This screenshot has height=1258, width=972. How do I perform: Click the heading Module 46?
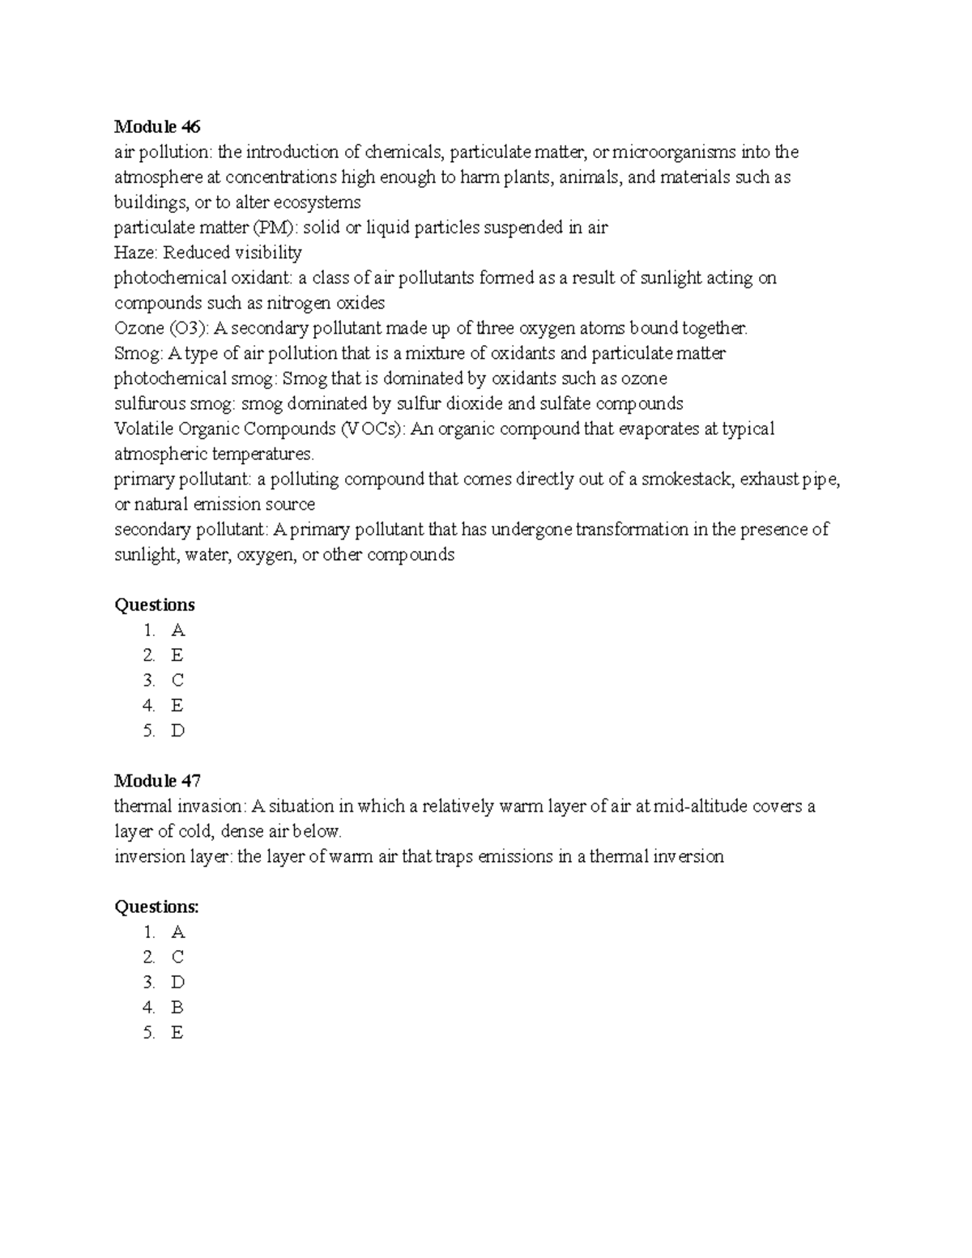pyautogui.click(x=157, y=126)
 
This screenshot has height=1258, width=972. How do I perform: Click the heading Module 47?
pyautogui.click(x=157, y=781)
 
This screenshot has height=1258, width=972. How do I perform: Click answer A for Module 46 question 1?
pyautogui.click(x=178, y=630)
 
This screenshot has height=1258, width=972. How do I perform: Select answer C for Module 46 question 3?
pyautogui.click(x=177, y=680)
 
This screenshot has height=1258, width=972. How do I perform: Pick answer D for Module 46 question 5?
pyautogui.click(x=178, y=731)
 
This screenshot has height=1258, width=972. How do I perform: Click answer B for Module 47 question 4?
pyautogui.click(x=177, y=1008)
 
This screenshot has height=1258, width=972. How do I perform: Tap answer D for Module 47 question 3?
pyautogui.click(x=178, y=983)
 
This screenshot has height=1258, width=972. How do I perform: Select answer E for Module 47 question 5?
pyautogui.click(x=177, y=1033)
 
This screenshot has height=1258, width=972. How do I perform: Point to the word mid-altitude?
pyautogui.click(x=701, y=806)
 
